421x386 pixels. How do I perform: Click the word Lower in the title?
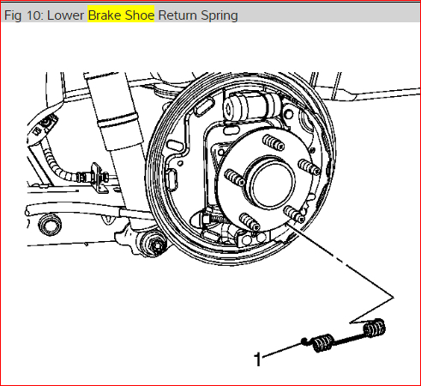(65, 15)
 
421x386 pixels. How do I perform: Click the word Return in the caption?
(177, 15)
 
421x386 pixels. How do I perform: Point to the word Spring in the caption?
(220, 16)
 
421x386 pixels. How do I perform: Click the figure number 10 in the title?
(35, 15)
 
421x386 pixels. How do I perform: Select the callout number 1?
(257, 359)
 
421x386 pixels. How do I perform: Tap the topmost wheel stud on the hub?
(274, 142)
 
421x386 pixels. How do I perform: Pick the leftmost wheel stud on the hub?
(235, 178)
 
